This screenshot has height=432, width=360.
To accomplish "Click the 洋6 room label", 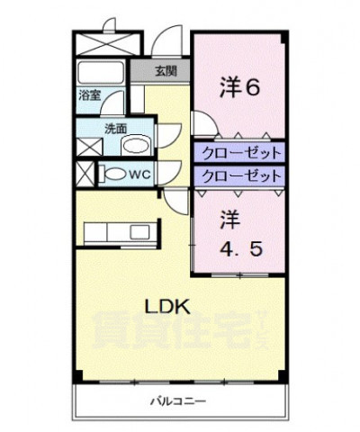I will pyautogui.click(x=241, y=87).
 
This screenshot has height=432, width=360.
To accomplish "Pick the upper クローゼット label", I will pyautogui.click(x=238, y=151).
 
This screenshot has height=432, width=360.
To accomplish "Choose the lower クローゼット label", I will pyautogui.click(x=238, y=175).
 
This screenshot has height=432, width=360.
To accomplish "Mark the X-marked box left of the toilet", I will pyautogui.click(x=84, y=173).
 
